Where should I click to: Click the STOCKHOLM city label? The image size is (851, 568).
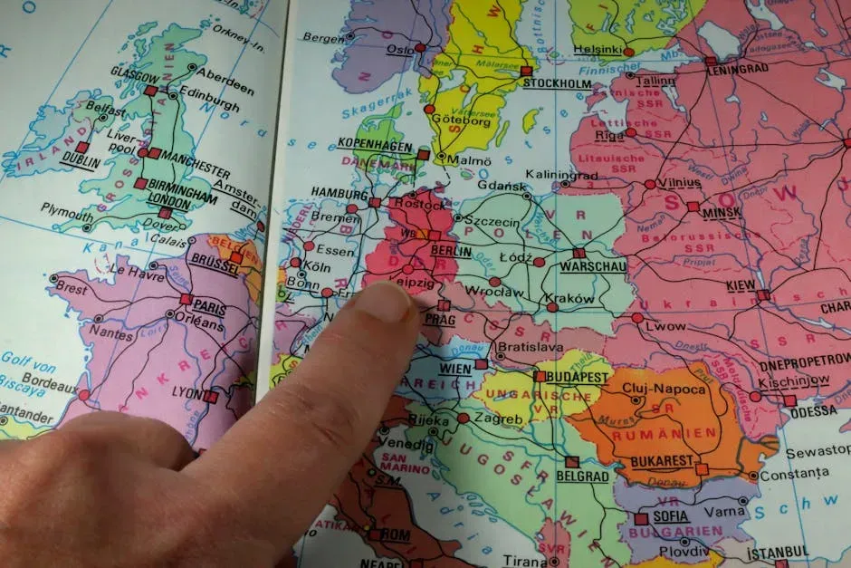(557, 83)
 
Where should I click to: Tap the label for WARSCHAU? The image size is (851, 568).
(593, 267)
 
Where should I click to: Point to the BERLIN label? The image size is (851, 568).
(452, 251)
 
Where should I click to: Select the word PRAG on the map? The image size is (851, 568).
(439, 319)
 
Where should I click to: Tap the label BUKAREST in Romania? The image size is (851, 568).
(662, 461)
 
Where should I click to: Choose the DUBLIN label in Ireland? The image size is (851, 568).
(80, 159)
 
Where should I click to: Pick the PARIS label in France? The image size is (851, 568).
(209, 306)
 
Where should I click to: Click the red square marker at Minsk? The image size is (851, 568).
(693, 207)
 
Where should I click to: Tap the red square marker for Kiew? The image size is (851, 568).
(763, 294)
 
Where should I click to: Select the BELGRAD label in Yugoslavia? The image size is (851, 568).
(582, 476)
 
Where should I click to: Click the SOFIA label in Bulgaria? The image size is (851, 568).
(670, 516)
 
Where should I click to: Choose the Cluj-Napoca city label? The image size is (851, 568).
(665, 389)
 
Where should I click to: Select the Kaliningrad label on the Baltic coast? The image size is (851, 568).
(561, 174)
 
